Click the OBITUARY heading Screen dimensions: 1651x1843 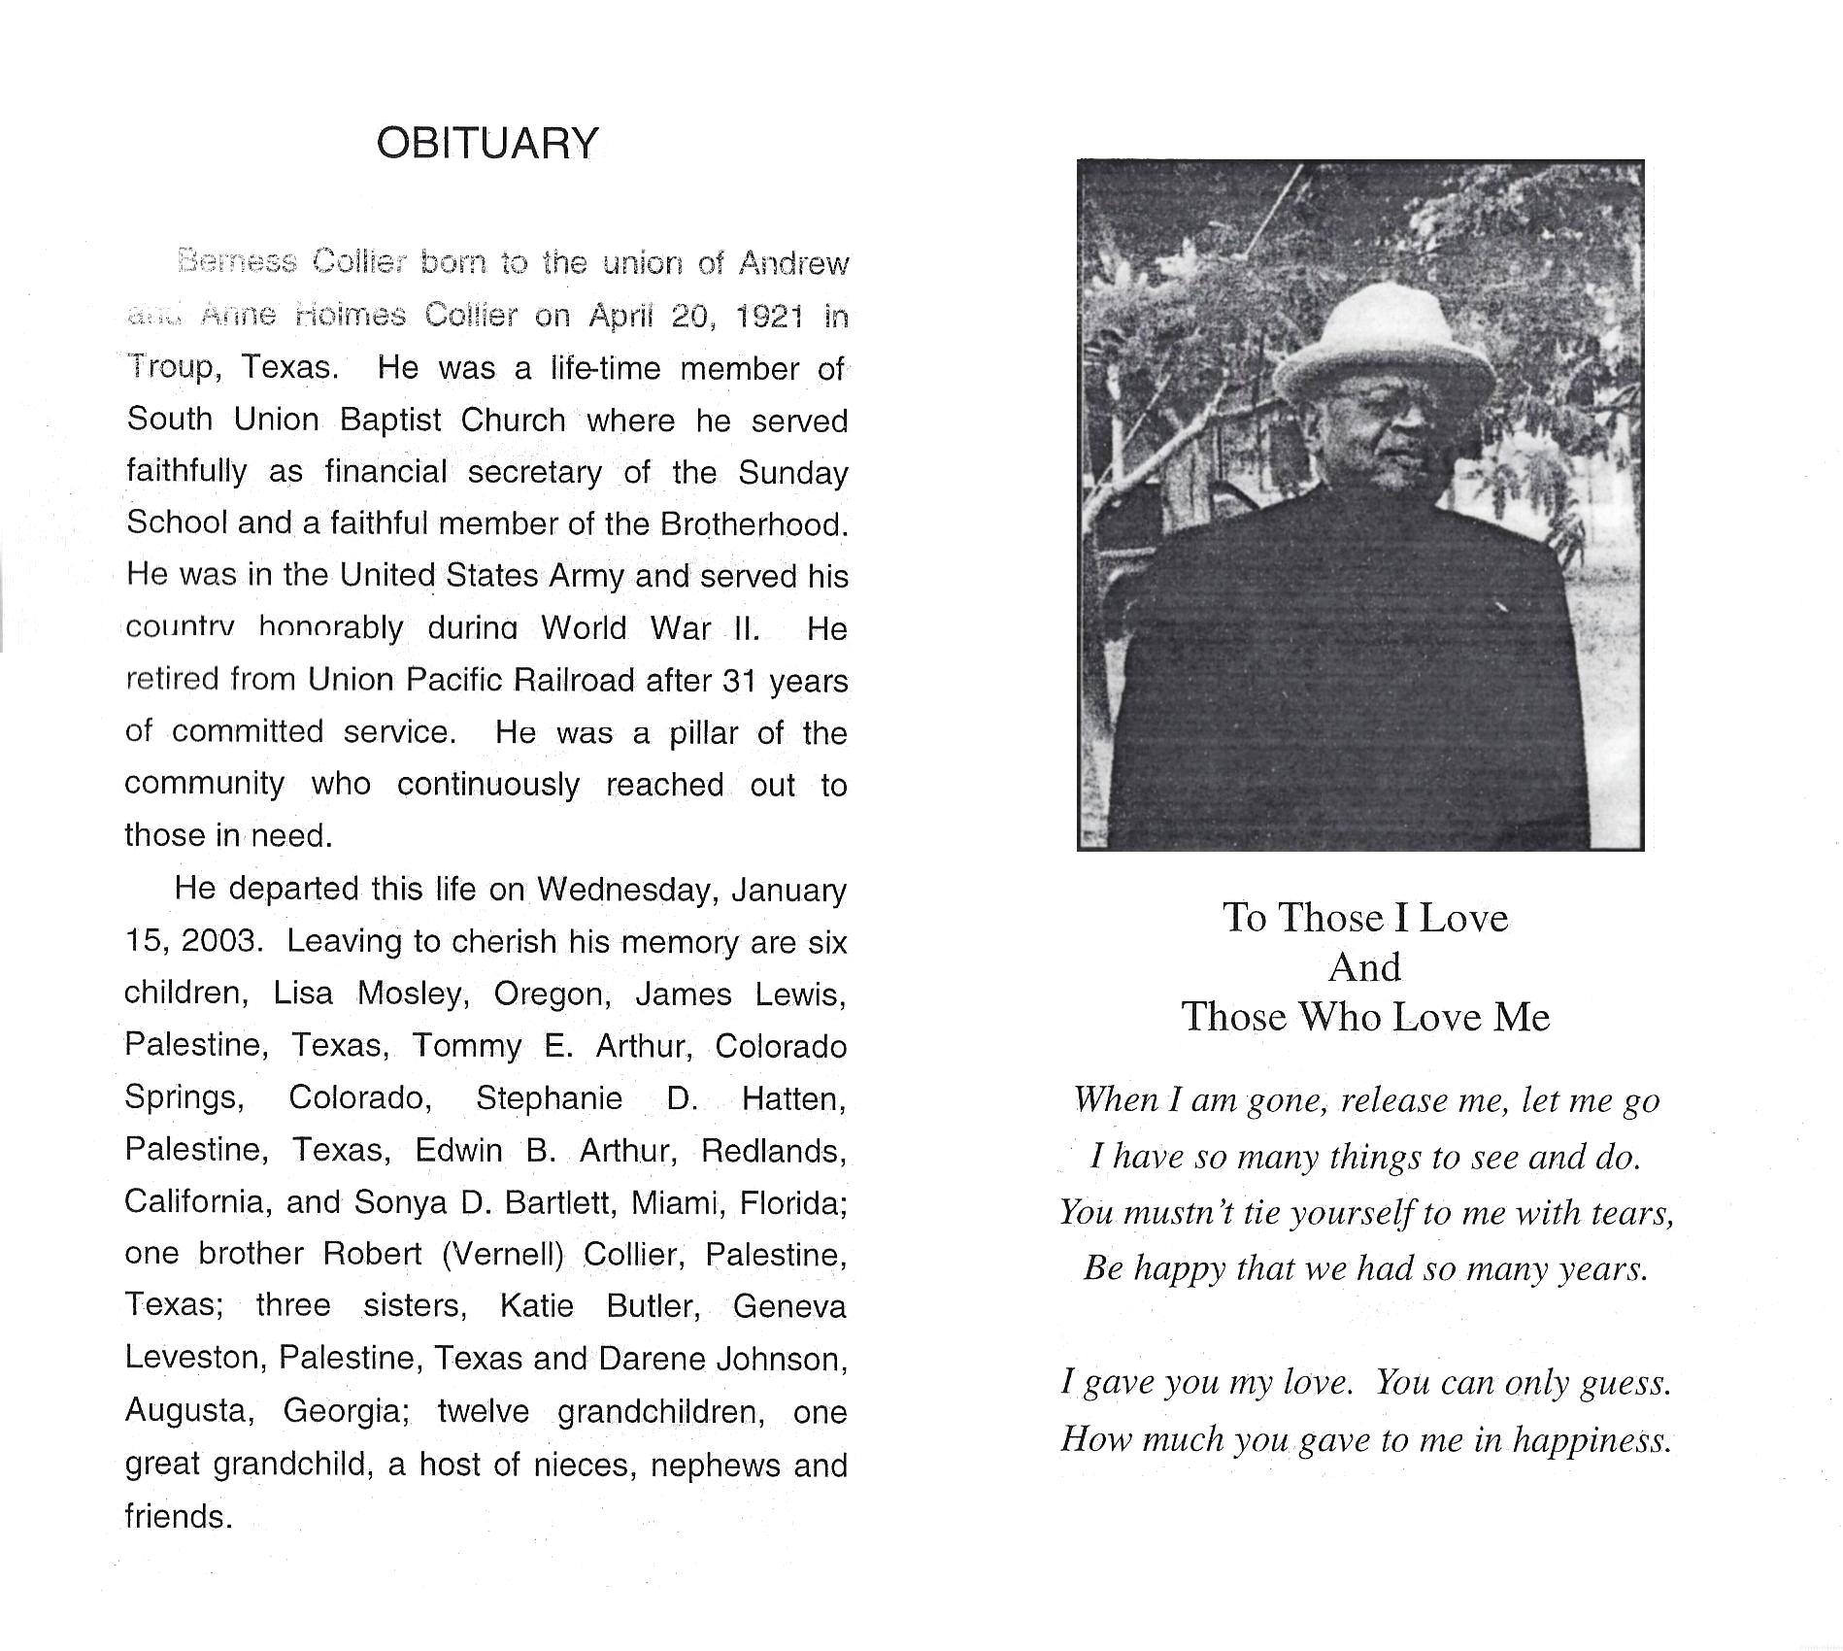487,144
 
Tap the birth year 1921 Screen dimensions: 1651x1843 768,317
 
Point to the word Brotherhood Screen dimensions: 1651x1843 754,524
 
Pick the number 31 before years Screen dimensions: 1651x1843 739,681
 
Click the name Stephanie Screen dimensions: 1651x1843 549,1098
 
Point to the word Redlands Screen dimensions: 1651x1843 773,1151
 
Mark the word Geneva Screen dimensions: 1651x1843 789,1306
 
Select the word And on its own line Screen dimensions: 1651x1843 1364,967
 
